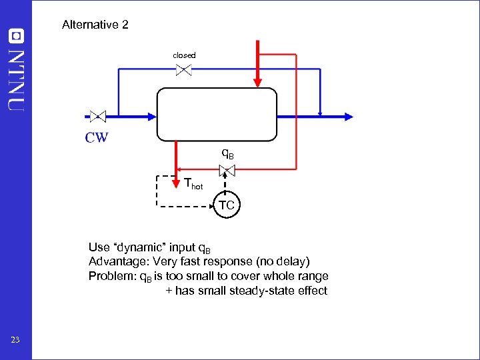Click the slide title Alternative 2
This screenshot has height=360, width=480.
[95, 25]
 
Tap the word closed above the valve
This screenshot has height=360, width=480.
[184, 55]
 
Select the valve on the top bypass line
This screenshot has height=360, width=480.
[184, 69]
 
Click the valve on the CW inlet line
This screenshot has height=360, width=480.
[98, 116]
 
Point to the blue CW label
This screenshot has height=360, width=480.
[97, 138]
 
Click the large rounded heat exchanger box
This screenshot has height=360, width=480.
[217, 114]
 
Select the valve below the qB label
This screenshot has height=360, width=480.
[227, 171]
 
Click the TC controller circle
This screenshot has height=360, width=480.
[227, 205]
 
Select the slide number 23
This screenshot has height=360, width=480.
[16, 341]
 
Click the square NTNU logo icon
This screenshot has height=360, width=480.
[16, 35]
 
